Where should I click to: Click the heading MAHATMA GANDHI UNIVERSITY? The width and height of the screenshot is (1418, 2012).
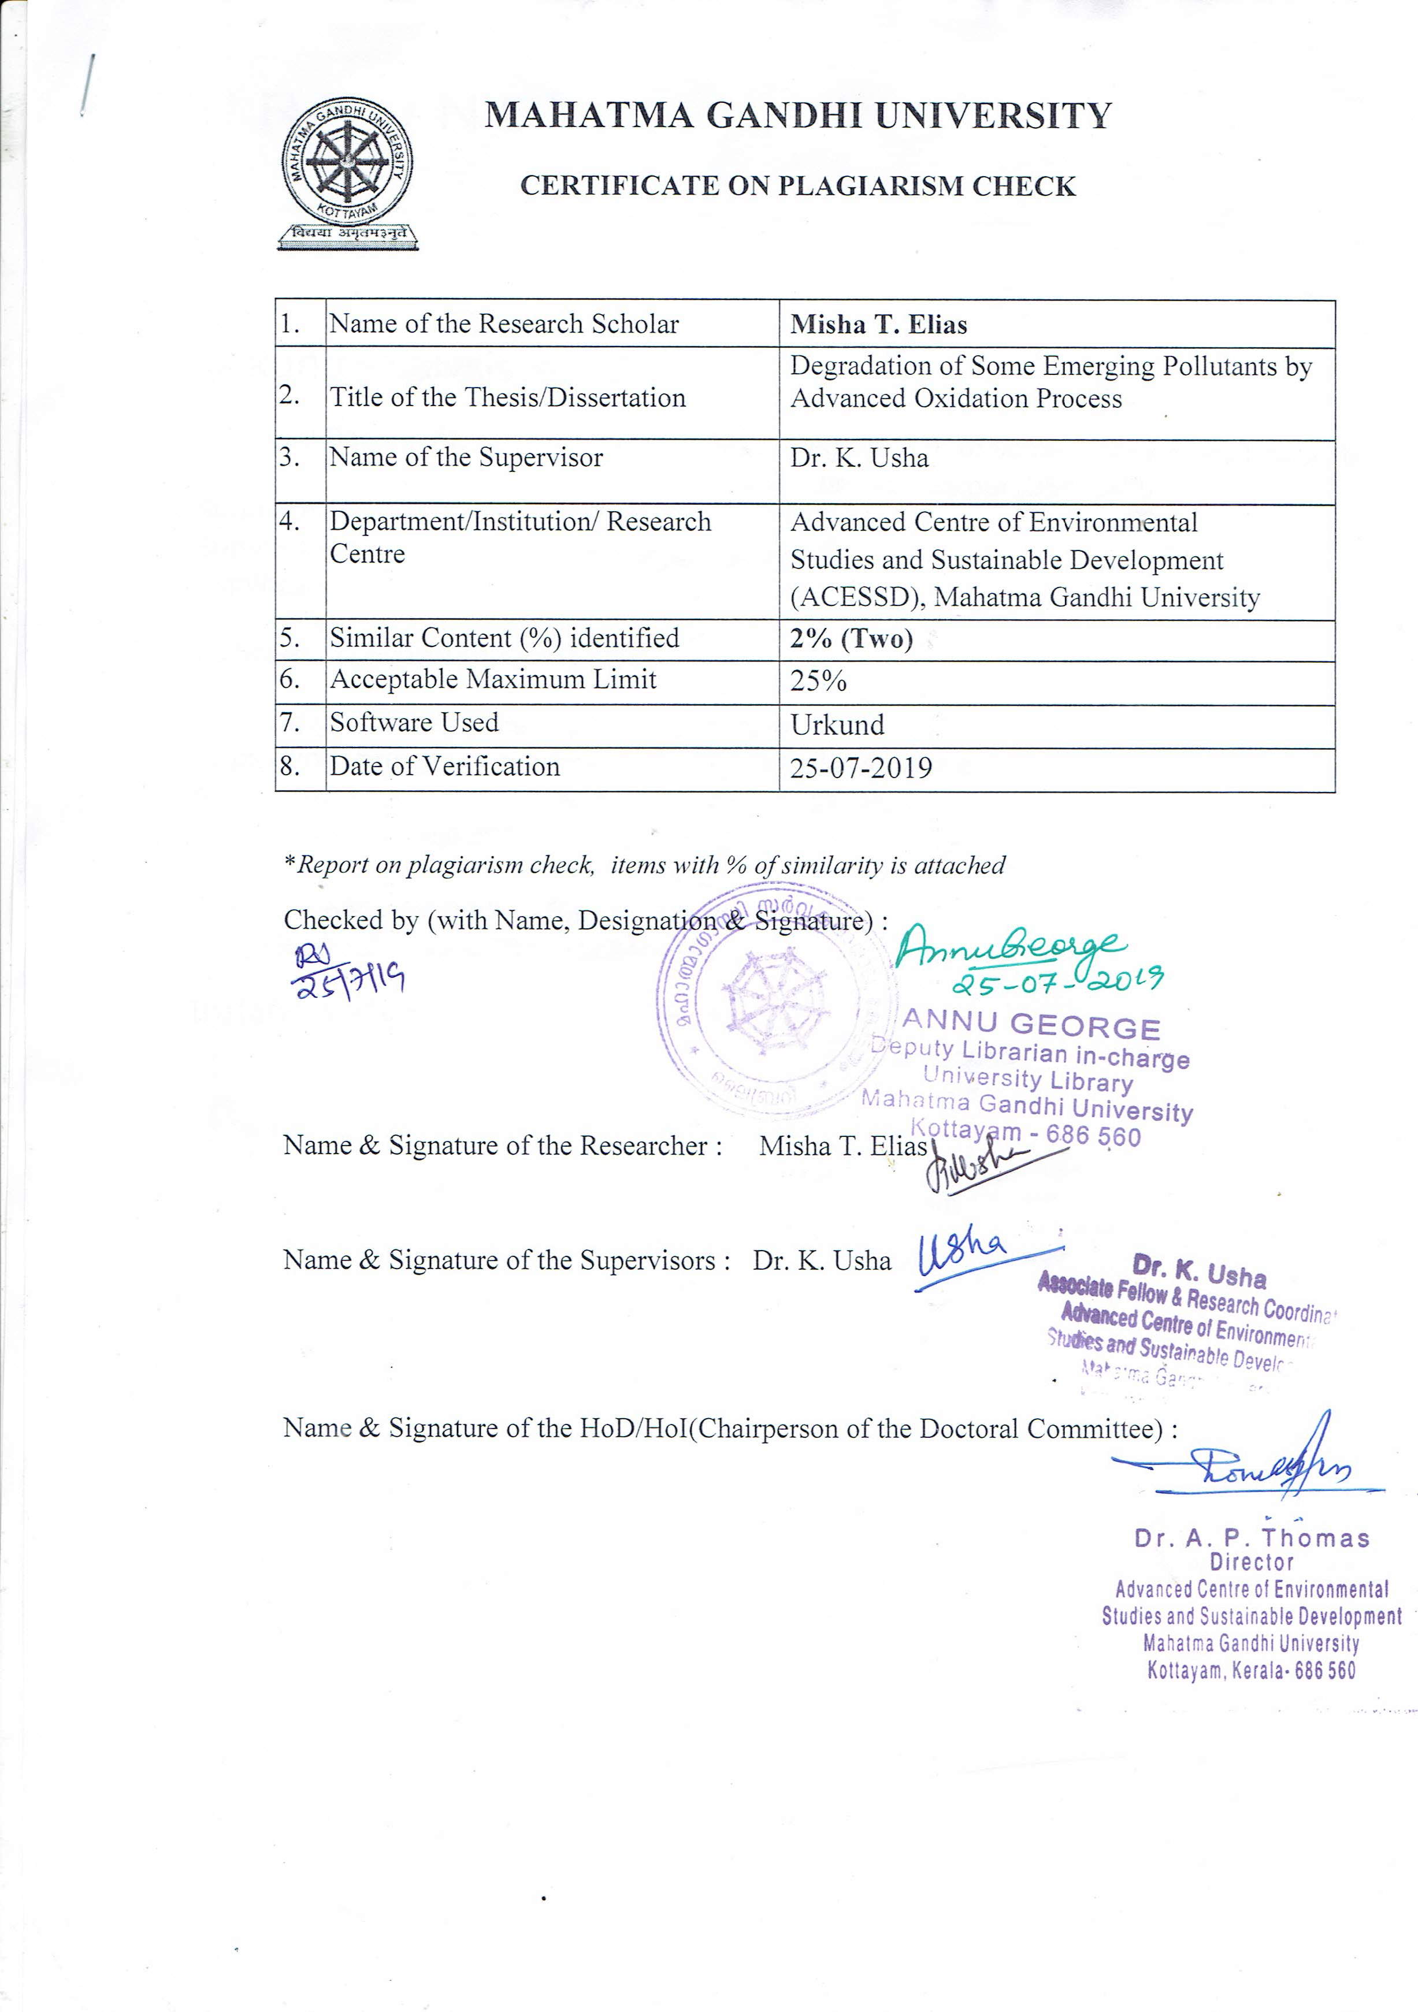click(797, 116)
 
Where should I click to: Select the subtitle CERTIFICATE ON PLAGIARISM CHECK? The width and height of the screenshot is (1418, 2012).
click(797, 186)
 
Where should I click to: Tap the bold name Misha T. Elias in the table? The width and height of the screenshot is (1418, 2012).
click(878, 325)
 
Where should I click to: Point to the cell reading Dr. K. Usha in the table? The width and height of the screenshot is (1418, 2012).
click(859, 458)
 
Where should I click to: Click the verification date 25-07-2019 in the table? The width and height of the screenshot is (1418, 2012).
click(860, 768)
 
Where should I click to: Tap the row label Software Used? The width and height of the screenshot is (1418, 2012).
click(414, 723)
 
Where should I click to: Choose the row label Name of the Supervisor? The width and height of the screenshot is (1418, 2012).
click(465, 458)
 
